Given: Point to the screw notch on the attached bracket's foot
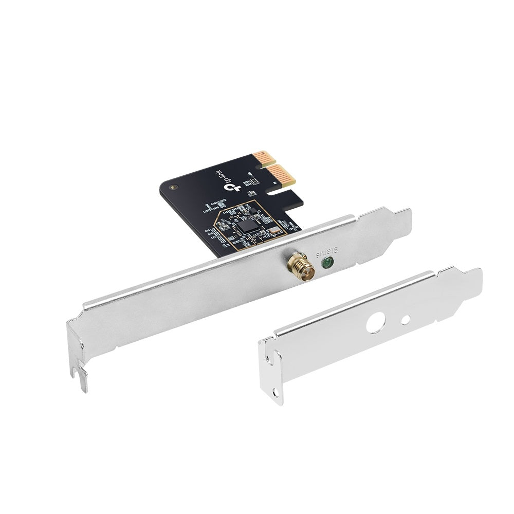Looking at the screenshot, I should pos(81,374).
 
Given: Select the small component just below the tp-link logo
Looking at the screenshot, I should pos(252,193).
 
